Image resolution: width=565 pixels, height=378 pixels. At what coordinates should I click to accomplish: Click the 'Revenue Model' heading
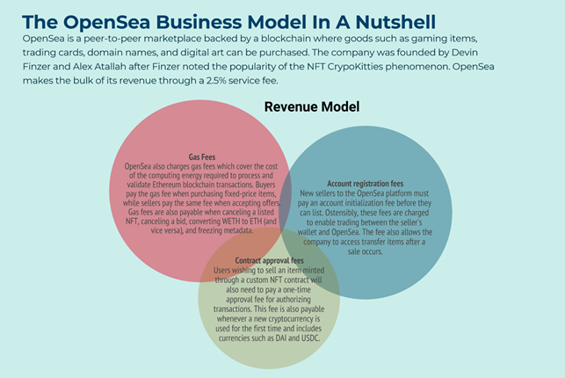pos(312,106)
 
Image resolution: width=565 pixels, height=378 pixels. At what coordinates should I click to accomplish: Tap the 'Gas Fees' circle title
pos(203,156)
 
